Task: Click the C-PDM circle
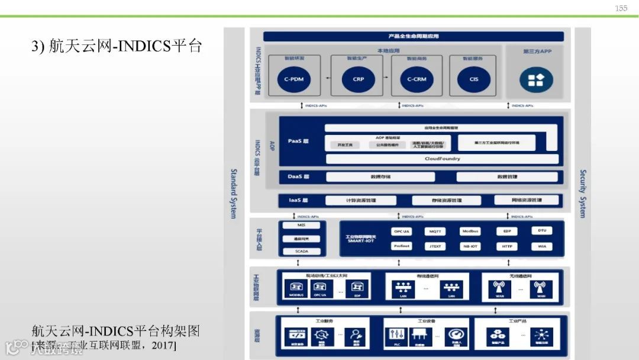click(293, 79)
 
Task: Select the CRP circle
click(358, 79)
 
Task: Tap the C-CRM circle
click(417, 79)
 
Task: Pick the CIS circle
click(473, 79)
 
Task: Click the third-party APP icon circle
click(536, 79)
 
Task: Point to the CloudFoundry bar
click(442, 159)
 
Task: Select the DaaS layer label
click(298, 176)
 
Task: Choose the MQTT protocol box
click(435, 231)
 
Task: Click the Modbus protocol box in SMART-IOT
click(470, 231)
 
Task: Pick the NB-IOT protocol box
click(470, 246)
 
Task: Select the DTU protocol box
click(542, 231)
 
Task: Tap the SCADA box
click(302, 251)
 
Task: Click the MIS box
click(302, 226)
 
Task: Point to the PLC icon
click(396, 336)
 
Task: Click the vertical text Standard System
click(233, 193)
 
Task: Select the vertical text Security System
click(582, 193)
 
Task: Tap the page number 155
click(621, 8)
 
